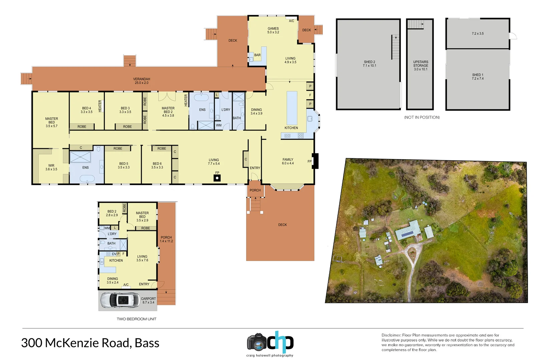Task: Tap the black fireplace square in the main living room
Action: point(217,178)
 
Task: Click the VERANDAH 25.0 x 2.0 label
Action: point(141,81)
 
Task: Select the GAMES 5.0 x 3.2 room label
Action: point(273,30)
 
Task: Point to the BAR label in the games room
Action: point(257,55)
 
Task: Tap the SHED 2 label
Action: point(369,64)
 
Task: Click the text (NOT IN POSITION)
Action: point(422,117)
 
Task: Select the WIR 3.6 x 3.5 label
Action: point(51,167)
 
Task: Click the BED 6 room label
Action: point(157,165)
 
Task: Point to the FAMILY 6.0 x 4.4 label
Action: point(288,161)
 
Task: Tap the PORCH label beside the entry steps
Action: point(255,190)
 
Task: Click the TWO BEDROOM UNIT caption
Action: point(136,319)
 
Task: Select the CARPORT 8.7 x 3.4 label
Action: point(148,300)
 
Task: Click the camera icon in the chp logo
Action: point(256,342)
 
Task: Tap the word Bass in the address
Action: point(147,343)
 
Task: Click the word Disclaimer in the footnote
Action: point(391,335)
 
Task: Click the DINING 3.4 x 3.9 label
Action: point(256,111)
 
